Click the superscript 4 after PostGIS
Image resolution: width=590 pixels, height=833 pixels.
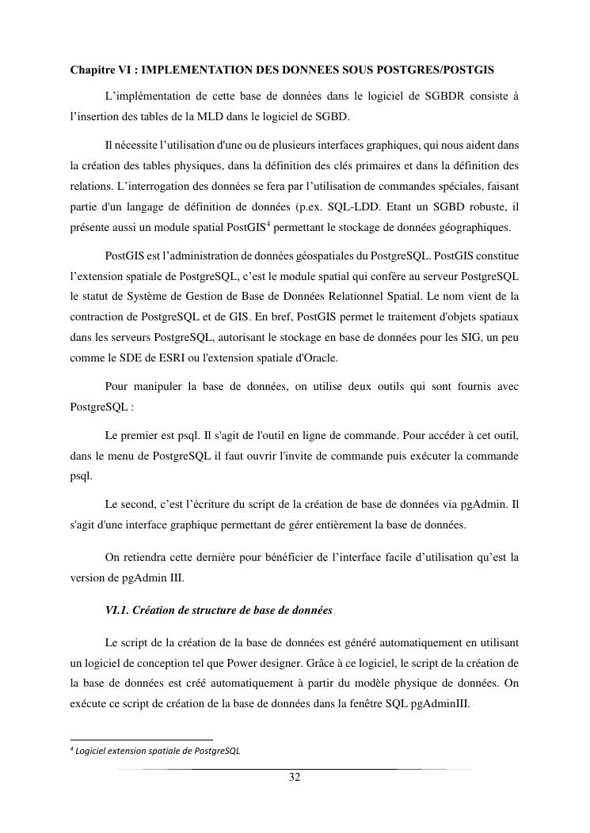268,225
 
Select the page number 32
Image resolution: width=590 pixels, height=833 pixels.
295,778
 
